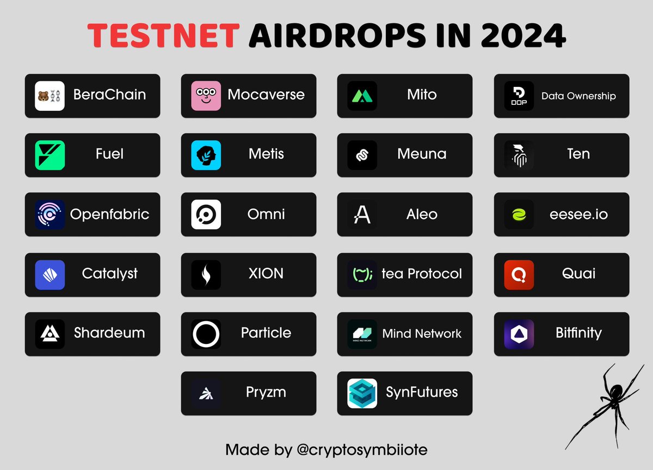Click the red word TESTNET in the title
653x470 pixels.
point(163,36)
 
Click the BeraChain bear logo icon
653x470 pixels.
point(50,96)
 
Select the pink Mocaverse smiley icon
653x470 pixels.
point(206,96)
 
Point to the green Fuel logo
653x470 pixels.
point(50,155)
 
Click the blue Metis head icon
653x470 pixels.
point(206,155)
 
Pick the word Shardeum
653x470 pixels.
point(109,333)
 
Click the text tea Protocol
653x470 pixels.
point(422,273)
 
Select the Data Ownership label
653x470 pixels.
point(578,96)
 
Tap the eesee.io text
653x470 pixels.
point(578,214)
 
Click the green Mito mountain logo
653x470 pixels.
point(362,96)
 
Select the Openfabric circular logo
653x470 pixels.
point(50,215)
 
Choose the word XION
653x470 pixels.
point(266,273)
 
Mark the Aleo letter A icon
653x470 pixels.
point(362,215)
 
